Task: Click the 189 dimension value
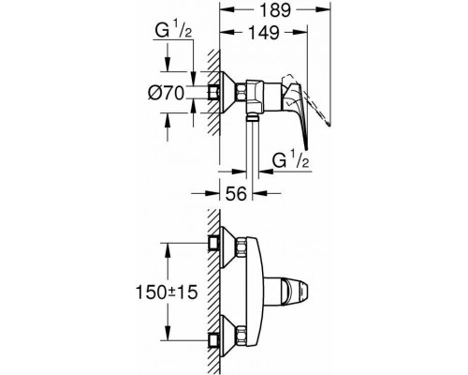point(275,10)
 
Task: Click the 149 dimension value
point(264,32)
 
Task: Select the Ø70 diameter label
point(166,93)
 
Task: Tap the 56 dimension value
point(236,194)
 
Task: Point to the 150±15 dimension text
point(167,292)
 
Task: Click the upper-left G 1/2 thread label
point(173,31)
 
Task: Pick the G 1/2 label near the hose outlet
point(291,160)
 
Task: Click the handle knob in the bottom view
point(295,292)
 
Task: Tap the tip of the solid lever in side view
point(307,147)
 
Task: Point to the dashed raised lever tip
point(329,125)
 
